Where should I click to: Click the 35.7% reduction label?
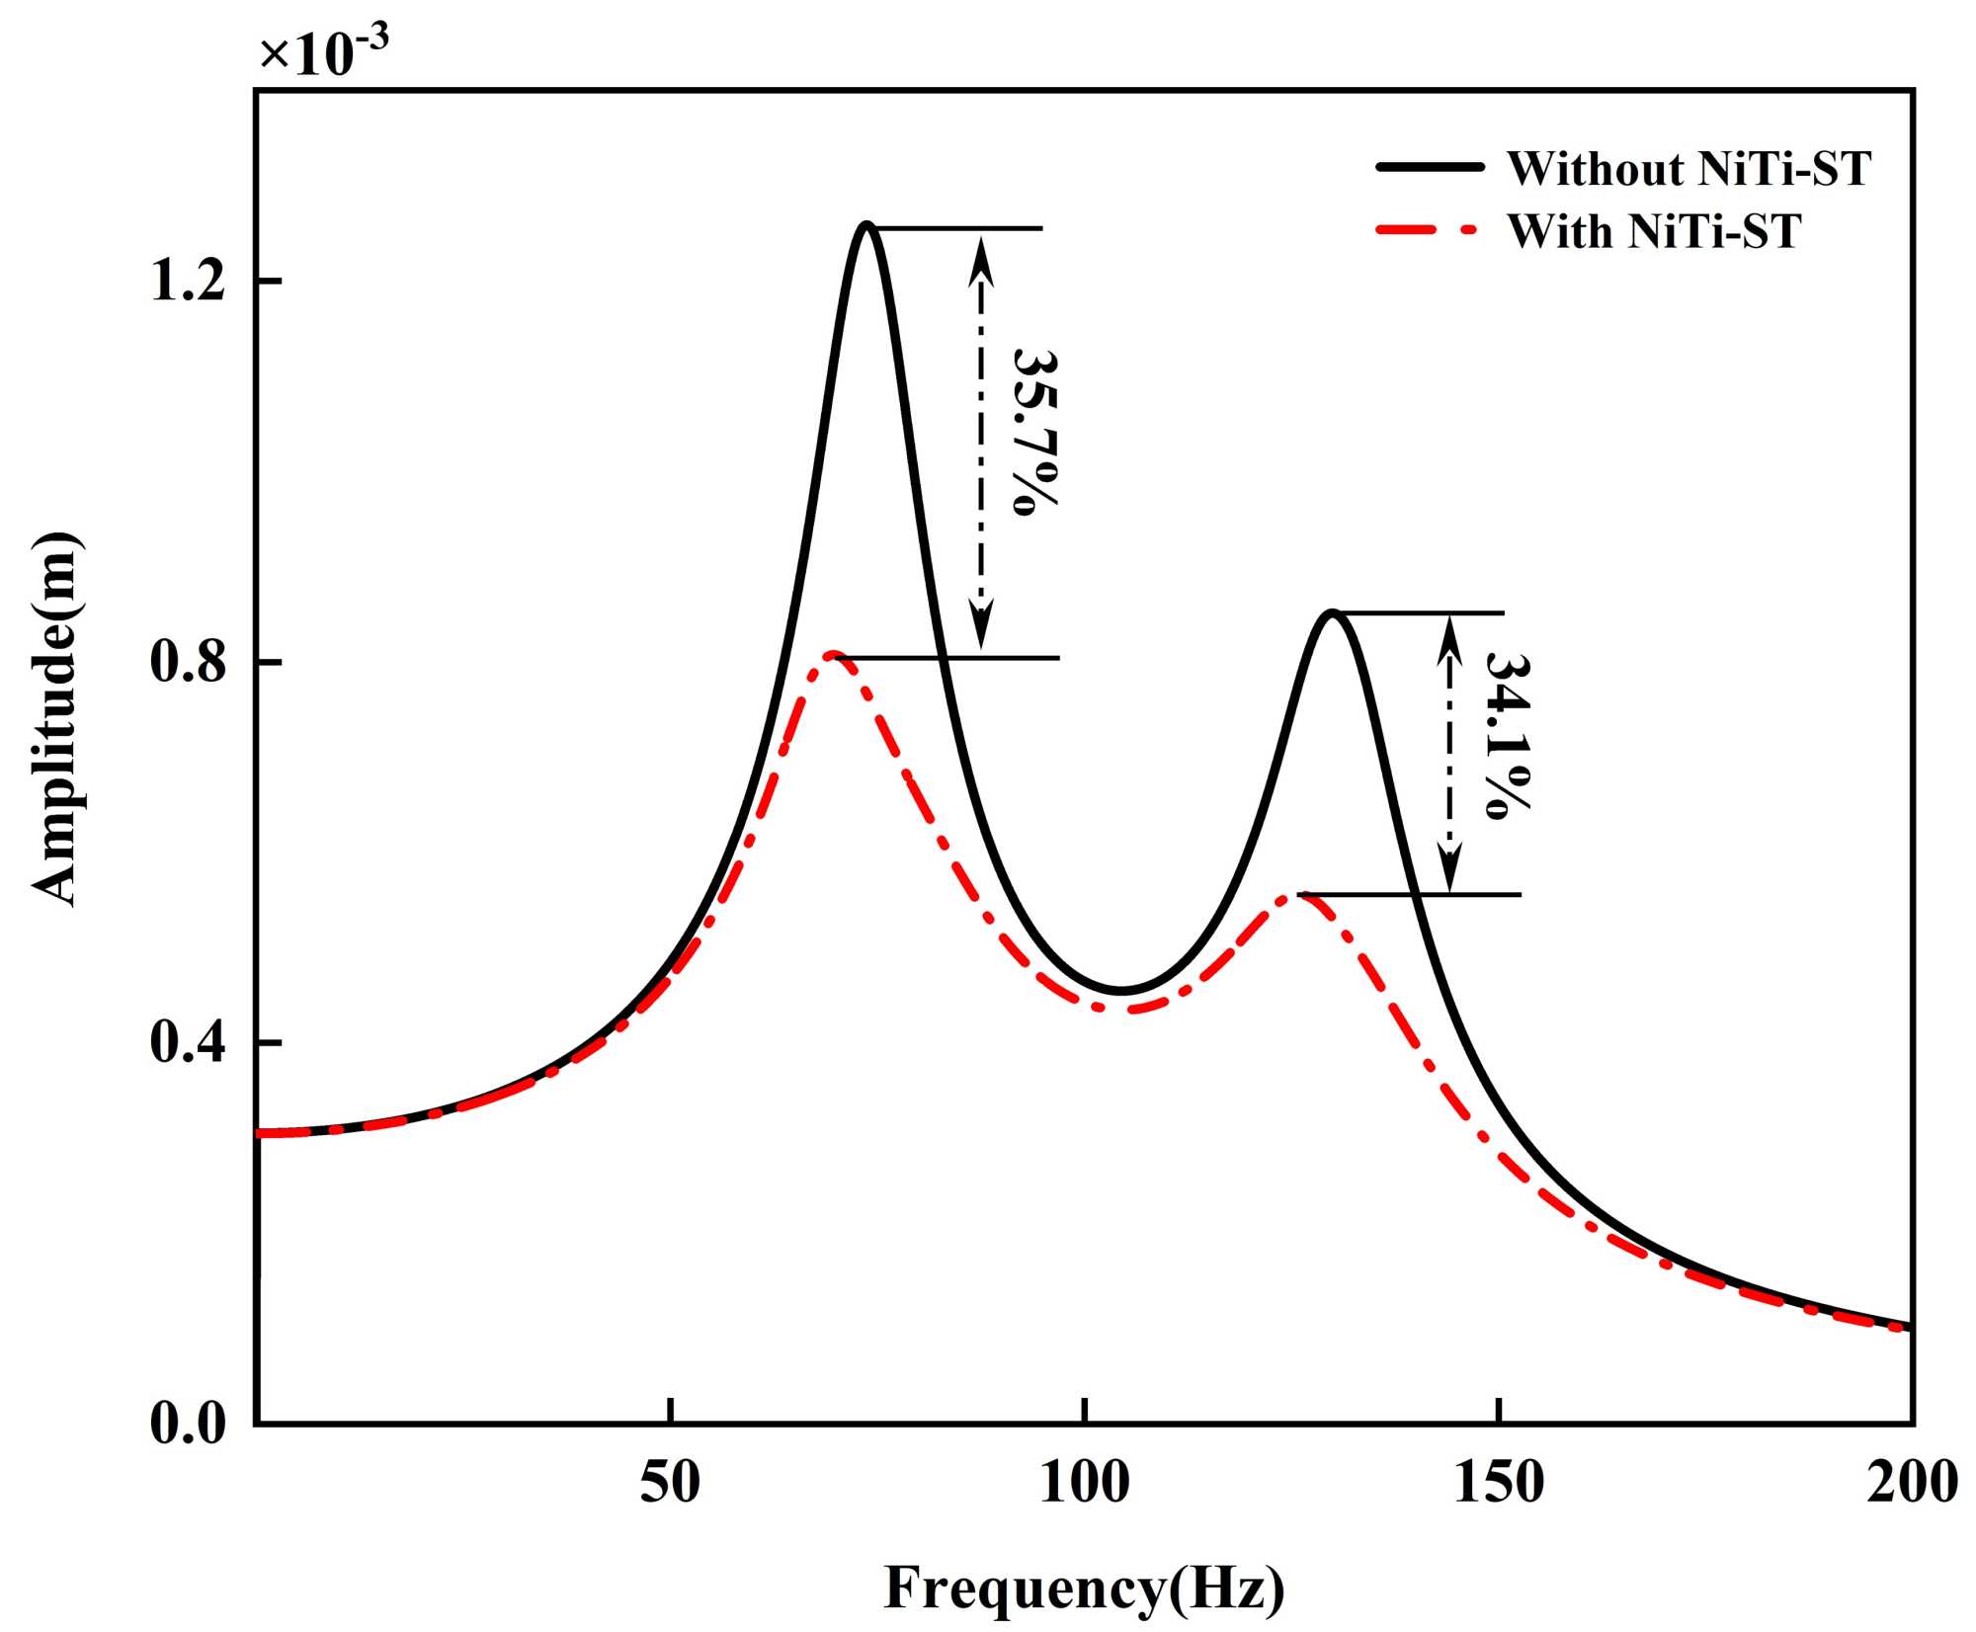click(x=1034, y=432)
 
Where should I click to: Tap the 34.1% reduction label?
click(x=1506, y=735)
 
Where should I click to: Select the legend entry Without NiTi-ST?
click(x=1688, y=169)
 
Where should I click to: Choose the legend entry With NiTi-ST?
click(x=1653, y=231)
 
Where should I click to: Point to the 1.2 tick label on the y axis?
click(x=188, y=282)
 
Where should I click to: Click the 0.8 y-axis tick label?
click(x=188, y=662)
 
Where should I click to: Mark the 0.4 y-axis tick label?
click(x=188, y=1043)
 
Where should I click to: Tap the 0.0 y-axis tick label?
click(x=188, y=1424)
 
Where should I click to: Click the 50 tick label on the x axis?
click(x=670, y=1483)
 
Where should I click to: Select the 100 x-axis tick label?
click(x=1084, y=1483)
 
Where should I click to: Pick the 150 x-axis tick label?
click(x=1499, y=1483)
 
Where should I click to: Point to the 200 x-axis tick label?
click(x=1911, y=1483)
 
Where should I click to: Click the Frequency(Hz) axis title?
click(x=1084, y=1588)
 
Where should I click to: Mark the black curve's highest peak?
click(x=866, y=225)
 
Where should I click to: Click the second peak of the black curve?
click(x=1332, y=613)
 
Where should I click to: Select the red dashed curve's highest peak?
click(x=833, y=654)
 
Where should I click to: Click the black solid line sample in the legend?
click(x=1430, y=168)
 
